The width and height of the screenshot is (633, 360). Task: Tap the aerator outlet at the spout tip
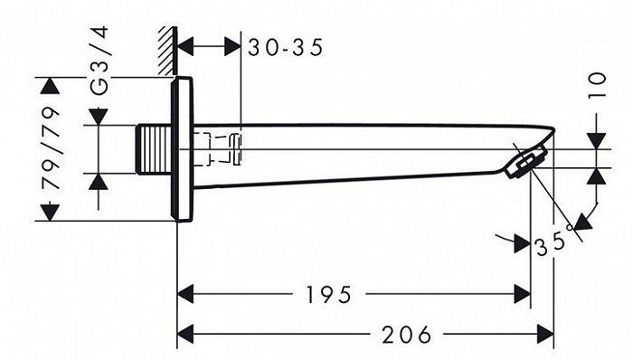click(x=527, y=164)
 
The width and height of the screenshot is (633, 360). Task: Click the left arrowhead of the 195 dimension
click(x=185, y=294)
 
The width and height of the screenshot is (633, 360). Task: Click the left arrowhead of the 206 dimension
click(x=185, y=333)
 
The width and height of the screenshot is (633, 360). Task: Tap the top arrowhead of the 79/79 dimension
click(x=51, y=87)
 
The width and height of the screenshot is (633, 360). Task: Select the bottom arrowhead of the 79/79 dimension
click(x=51, y=212)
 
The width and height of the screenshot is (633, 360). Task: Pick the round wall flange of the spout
click(x=182, y=149)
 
